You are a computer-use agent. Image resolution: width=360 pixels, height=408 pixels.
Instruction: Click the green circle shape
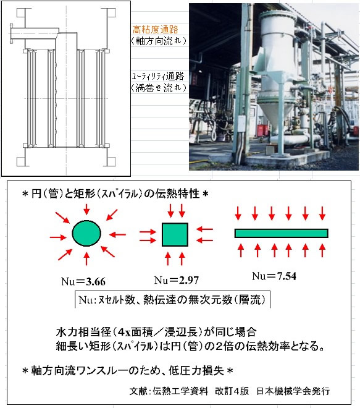pyautogui.click(x=86, y=234)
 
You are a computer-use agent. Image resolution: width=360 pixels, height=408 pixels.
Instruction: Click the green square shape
pyautogui.click(x=175, y=234)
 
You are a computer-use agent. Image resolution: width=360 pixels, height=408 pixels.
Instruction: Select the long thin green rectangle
pyautogui.click(x=281, y=233)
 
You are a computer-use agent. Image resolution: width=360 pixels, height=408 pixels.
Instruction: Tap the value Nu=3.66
pyautogui.click(x=83, y=281)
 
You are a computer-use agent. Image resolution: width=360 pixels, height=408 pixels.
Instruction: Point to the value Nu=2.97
pyautogui.click(x=176, y=280)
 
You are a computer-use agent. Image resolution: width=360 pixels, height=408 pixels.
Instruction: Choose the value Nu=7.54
pyautogui.click(x=274, y=276)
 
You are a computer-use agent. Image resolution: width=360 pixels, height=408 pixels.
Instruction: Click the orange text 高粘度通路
pyautogui.click(x=155, y=30)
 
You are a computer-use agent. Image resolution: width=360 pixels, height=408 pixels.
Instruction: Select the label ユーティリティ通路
pyautogui.click(x=158, y=76)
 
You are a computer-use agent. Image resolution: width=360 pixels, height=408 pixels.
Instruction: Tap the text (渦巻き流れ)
pyautogui.click(x=159, y=88)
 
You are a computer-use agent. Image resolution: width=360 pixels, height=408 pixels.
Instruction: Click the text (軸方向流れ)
pyautogui.click(x=159, y=41)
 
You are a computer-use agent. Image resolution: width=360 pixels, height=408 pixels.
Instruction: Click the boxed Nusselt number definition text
pyautogui.click(x=172, y=300)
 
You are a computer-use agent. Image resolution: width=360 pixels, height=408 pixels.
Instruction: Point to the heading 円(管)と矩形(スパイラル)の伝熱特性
pyautogui.click(x=115, y=193)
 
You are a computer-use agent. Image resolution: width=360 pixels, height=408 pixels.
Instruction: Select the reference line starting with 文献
pyautogui.click(x=230, y=391)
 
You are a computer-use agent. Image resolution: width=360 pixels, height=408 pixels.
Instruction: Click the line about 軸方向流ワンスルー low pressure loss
pyautogui.click(x=127, y=370)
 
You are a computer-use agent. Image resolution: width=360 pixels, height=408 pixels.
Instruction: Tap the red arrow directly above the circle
pyautogui.click(x=86, y=209)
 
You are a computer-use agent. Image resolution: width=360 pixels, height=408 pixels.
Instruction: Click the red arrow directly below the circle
pyautogui.click(x=86, y=258)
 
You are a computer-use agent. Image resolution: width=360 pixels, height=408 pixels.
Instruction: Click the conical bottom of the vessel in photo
pyautogui.click(x=274, y=114)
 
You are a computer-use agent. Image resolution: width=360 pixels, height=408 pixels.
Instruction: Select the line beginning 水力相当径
pyautogui.click(x=156, y=332)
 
